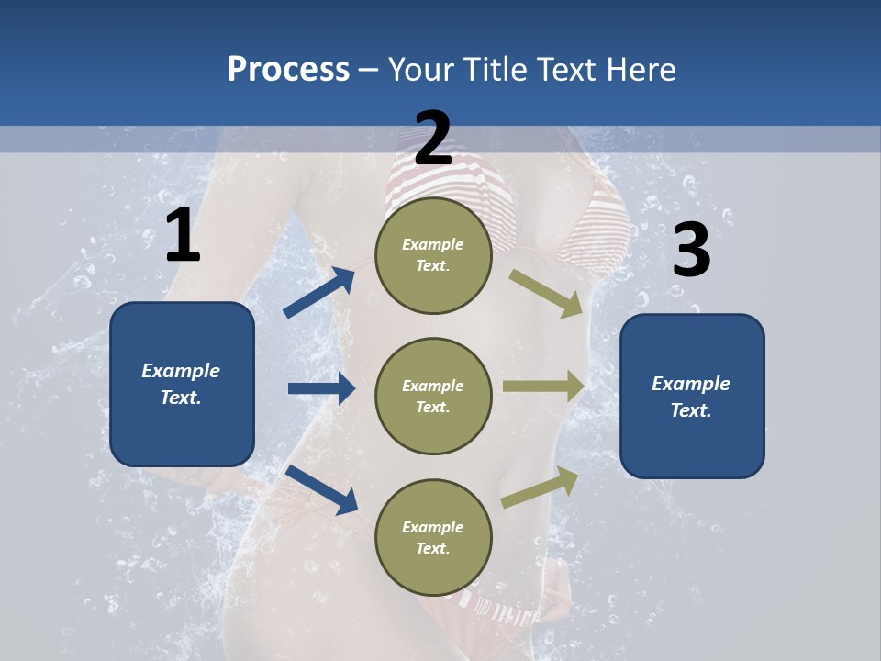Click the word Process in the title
click(288, 70)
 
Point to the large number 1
click(183, 236)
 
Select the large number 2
click(433, 139)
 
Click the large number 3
click(692, 251)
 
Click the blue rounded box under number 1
click(182, 384)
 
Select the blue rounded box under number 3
click(692, 397)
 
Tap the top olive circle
click(433, 254)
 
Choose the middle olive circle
click(433, 396)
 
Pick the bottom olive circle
click(433, 537)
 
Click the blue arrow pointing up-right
click(319, 293)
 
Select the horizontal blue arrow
click(322, 388)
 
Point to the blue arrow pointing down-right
click(322, 488)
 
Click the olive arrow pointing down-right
click(546, 293)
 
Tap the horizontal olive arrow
click(543, 386)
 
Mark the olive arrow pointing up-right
click(540, 487)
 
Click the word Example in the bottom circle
click(433, 527)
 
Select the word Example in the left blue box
click(181, 371)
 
